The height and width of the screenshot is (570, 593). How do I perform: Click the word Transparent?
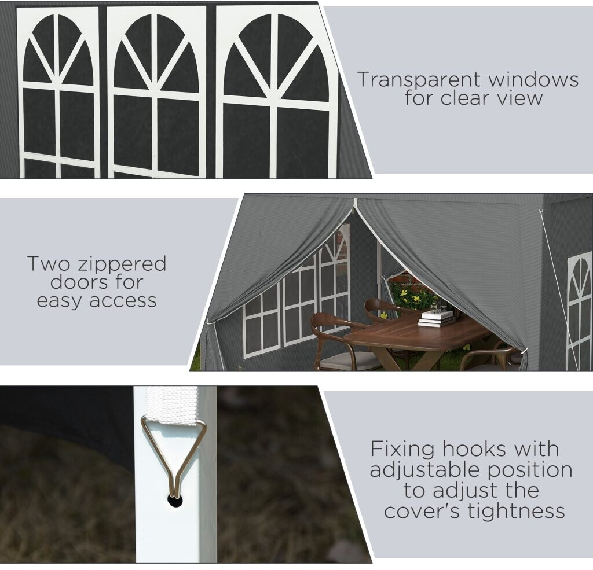(x=419, y=80)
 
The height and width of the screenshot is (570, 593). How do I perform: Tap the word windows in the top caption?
(x=533, y=79)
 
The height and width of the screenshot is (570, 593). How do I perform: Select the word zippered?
(x=122, y=264)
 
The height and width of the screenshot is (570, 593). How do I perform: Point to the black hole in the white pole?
(x=175, y=501)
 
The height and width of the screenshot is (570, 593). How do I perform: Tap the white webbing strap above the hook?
(x=172, y=405)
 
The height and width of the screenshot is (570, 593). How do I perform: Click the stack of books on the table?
(x=437, y=318)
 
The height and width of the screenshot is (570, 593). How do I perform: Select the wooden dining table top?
(x=416, y=333)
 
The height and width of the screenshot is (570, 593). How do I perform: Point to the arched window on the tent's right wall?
(x=579, y=310)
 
